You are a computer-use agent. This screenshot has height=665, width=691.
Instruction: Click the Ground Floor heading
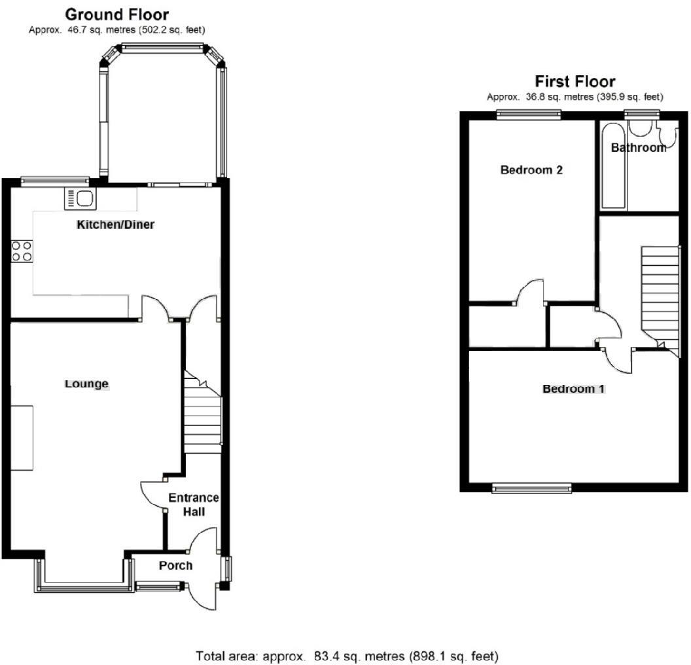tap(117, 14)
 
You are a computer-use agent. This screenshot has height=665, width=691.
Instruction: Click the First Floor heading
tap(575, 82)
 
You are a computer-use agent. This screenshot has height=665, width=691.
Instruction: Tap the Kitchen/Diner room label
tap(116, 225)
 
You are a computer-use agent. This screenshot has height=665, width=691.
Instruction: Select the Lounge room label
tap(86, 384)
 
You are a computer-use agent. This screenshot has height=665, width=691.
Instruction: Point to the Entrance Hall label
tap(193, 504)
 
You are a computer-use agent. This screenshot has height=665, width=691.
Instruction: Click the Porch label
tap(175, 566)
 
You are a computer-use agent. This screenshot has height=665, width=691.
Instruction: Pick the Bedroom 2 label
tap(531, 170)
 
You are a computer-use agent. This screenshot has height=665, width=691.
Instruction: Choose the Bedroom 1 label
tap(573, 389)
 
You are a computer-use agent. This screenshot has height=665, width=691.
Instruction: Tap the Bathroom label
tap(638, 148)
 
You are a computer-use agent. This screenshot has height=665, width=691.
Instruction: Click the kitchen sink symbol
tap(80, 198)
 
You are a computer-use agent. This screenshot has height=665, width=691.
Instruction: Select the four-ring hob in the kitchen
tap(22, 251)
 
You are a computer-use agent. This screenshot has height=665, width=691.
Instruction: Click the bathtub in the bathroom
tap(613, 166)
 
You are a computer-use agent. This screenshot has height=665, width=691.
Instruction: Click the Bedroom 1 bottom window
tap(531, 487)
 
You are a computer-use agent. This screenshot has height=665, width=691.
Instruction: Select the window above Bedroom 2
tap(529, 115)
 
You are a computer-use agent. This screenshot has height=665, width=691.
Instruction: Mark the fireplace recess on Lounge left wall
tap(22, 438)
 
